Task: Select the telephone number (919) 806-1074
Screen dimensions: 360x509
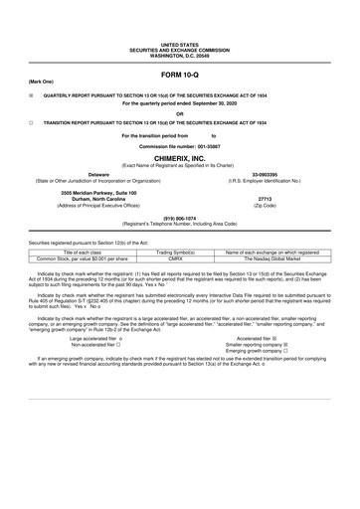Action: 179,218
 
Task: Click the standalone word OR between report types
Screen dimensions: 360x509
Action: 179,112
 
